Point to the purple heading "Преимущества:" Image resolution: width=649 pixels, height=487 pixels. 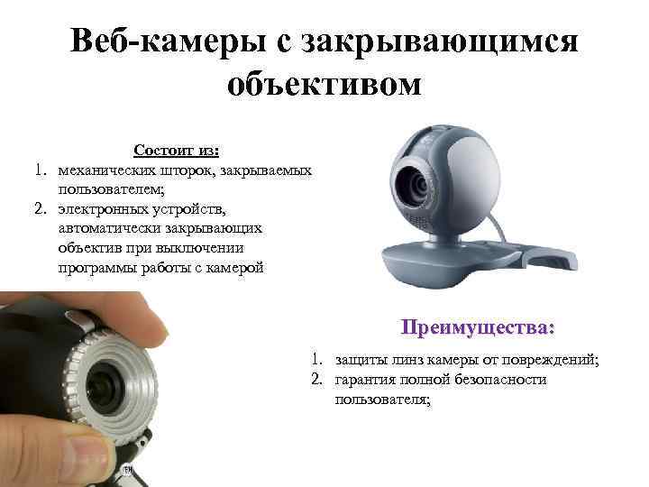coord(479,325)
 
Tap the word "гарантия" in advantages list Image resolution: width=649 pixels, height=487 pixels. coord(365,379)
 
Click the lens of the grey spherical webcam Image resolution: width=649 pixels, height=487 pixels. coord(417,187)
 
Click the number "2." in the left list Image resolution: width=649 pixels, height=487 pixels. coord(41,209)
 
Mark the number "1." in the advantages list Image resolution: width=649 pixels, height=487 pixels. coord(318,360)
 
